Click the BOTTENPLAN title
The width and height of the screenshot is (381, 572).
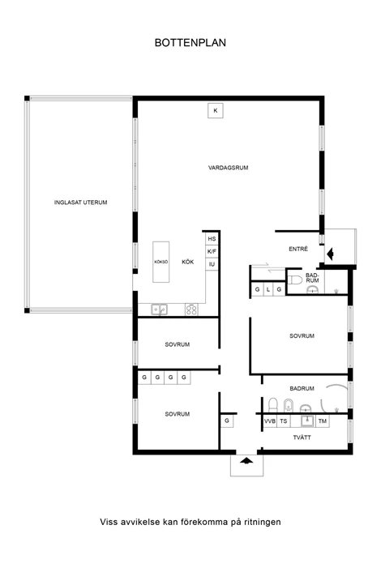pyautogui.click(x=190, y=43)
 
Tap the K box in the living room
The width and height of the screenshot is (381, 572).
pyautogui.click(x=216, y=110)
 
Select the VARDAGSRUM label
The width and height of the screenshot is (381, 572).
pyautogui.click(x=228, y=168)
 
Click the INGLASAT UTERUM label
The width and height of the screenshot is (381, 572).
pyautogui.click(x=80, y=203)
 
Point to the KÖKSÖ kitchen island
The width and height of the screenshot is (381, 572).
pyautogui.click(x=161, y=262)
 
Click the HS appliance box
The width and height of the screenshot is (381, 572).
pyautogui.click(x=212, y=239)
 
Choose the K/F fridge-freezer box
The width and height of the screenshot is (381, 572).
pyautogui.click(x=212, y=251)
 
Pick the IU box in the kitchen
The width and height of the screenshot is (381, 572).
pyautogui.click(x=212, y=264)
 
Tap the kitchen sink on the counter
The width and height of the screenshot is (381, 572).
pyautogui.click(x=159, y=309)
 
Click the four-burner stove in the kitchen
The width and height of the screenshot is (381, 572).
pyautogui.click(x=191, y=309)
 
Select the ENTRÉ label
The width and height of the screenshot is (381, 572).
pyautogui.click(x=298, y=250)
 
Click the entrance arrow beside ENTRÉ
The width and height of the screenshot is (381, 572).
pyautogui.click(x=330, y=254)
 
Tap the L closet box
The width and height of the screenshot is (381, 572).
pyautogui.click(x=268, y=289)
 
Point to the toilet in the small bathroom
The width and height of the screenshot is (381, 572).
pyautogui.click(x=296, y=280)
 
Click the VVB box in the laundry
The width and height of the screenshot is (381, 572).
pyautogui.click(x=270, y=421)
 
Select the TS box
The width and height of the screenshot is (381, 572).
pyautogui.click(x=284, y=421)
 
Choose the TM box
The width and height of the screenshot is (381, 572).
pyautogui.click(x=323, y=421)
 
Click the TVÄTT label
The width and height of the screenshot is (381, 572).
pyautogui.click(x=302, y=438)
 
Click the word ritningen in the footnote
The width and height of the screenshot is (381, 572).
pyautogui.click(x=262, y=522)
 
